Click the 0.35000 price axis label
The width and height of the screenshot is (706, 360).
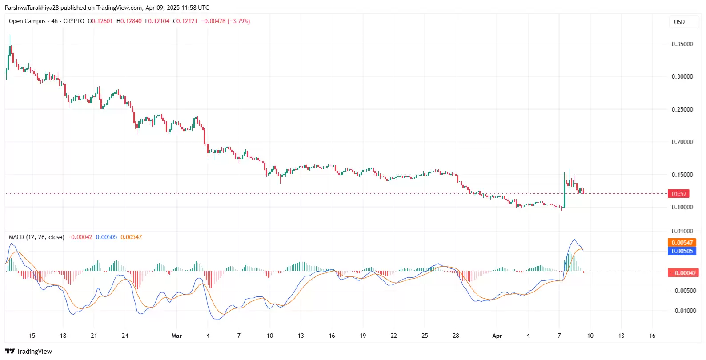[x=682, y=44]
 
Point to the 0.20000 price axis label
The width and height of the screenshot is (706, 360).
[x=682, y=142]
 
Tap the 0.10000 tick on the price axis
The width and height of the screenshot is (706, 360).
[x=682, y=207]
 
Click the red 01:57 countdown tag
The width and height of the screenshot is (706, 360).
[x=679, y=194]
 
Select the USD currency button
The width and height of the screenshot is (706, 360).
[x=679, y=22]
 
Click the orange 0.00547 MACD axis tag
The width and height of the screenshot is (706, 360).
[x=682, y=243]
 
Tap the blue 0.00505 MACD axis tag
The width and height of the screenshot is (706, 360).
[x=682, y=251]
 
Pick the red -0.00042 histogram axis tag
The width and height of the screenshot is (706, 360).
[x=683, y=273]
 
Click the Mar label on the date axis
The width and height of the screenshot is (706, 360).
[x=176, y=336]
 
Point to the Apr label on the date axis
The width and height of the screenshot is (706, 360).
[x=497, y=336]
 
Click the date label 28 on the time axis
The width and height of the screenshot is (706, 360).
[x=456, y=336]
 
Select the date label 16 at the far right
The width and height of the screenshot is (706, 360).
[x=652, y=336]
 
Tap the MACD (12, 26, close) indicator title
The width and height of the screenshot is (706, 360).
[x=36, y=237]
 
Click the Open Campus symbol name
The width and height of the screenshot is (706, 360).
[x=27, y=21]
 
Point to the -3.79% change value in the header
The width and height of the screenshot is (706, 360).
[x=239, y=21]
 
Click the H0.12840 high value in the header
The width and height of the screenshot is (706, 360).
[x=129, y=21]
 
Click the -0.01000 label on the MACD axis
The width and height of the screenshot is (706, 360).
[x=683, y=311]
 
